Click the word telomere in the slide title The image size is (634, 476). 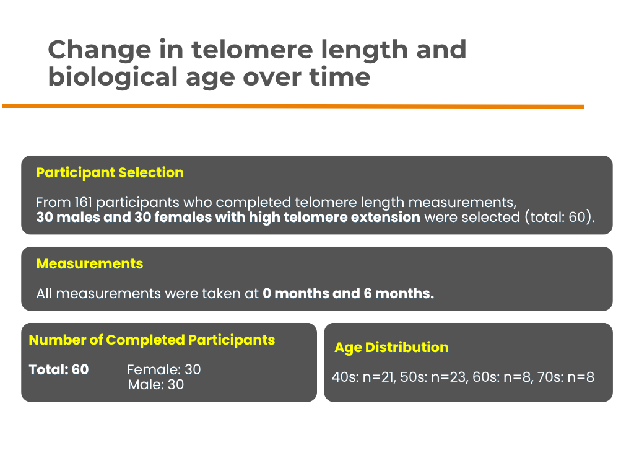252,50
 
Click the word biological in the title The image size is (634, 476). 113,77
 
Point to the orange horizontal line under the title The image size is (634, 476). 293,107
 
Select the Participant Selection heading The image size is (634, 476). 110,173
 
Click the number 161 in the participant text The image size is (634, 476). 84,202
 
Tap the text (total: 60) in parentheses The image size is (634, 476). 560,218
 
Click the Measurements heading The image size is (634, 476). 90,263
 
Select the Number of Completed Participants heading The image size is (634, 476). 152,340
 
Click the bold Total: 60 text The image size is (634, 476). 59,369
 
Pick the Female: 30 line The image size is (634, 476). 164,369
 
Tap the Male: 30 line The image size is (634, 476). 156,384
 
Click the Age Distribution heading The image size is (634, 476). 391,348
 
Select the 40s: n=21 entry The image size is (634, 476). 363,377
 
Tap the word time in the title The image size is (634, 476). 340,77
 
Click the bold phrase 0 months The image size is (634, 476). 296,293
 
